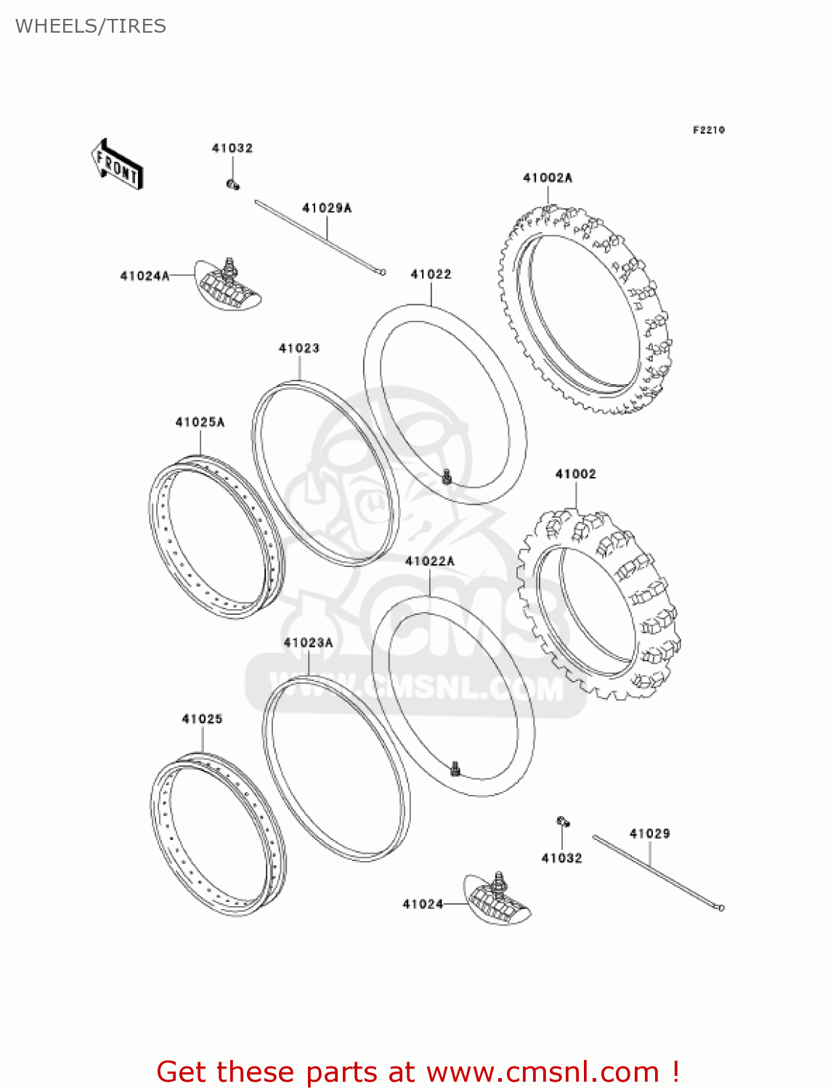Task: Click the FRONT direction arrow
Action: [x=116, y=164]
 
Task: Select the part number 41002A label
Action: [x=548, y=178]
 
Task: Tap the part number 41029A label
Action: [x=327, y=208]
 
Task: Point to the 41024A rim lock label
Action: [x=145, y=276]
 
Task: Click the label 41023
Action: [x=299, y=348]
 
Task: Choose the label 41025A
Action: [x=200, y=423]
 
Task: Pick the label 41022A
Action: [x=430, y=561]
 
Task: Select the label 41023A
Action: [x=309, y=643]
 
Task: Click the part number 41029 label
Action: [x=650, y=834]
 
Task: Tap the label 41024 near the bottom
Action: [x=423, y=904]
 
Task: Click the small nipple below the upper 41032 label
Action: [x=232, y=184]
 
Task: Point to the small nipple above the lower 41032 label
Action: [x=563, y=822]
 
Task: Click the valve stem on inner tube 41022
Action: [x=447, y=477]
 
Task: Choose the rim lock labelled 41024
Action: [x=498, y=899]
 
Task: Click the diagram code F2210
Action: [x=709, y=130]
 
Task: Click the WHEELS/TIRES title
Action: [x=91, y=26]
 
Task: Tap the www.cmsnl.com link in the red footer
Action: [x=543, y=1072]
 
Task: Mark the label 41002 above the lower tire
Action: [x=576, y=474]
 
